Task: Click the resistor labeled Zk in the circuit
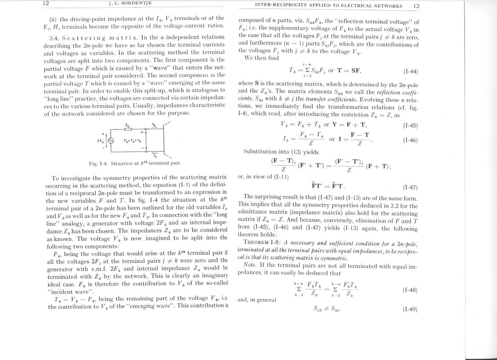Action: coord(127,129)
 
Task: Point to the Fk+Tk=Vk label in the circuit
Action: coord(132,141)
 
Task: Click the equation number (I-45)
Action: coord(410,125)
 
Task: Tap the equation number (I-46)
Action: coord(410,140)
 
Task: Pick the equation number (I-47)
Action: coord(410,187)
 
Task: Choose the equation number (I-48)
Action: coord(410,290)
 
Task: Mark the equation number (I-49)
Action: coord(410,309)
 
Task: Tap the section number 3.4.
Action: coord(54,38)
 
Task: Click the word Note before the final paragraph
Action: coord(251,265)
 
